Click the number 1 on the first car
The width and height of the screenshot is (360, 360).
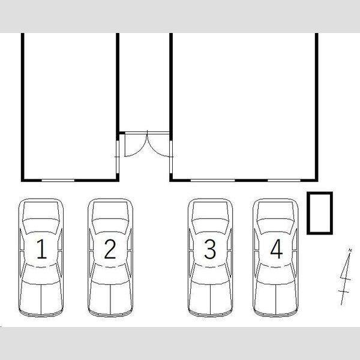(x=41, y=249)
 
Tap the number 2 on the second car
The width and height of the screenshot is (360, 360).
(x=110, y=249)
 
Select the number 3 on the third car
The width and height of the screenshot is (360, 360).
(x=210, y=249)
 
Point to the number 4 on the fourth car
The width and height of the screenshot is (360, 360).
(x=277, y=249)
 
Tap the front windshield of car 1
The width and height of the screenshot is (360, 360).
(x=41, y=226)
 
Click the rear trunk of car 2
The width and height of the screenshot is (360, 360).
(x=110, y=298)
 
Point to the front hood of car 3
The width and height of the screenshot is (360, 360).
(x=211, y=209)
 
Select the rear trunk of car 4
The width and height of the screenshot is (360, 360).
(x=276, y=298)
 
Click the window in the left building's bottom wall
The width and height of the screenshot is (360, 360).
(x=58, y=181)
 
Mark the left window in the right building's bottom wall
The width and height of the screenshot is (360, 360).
(x=213, y=181)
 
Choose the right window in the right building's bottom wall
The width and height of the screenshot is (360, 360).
(x=284, y=181)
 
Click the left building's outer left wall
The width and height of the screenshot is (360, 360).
(x=23, y=107)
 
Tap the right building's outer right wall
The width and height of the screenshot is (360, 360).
(x=317, y=107)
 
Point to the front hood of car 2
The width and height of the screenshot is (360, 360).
(x=110, y=209)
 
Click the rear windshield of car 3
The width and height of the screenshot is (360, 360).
(x=211, y=274)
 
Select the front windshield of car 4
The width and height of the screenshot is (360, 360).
(x=276, y=226)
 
